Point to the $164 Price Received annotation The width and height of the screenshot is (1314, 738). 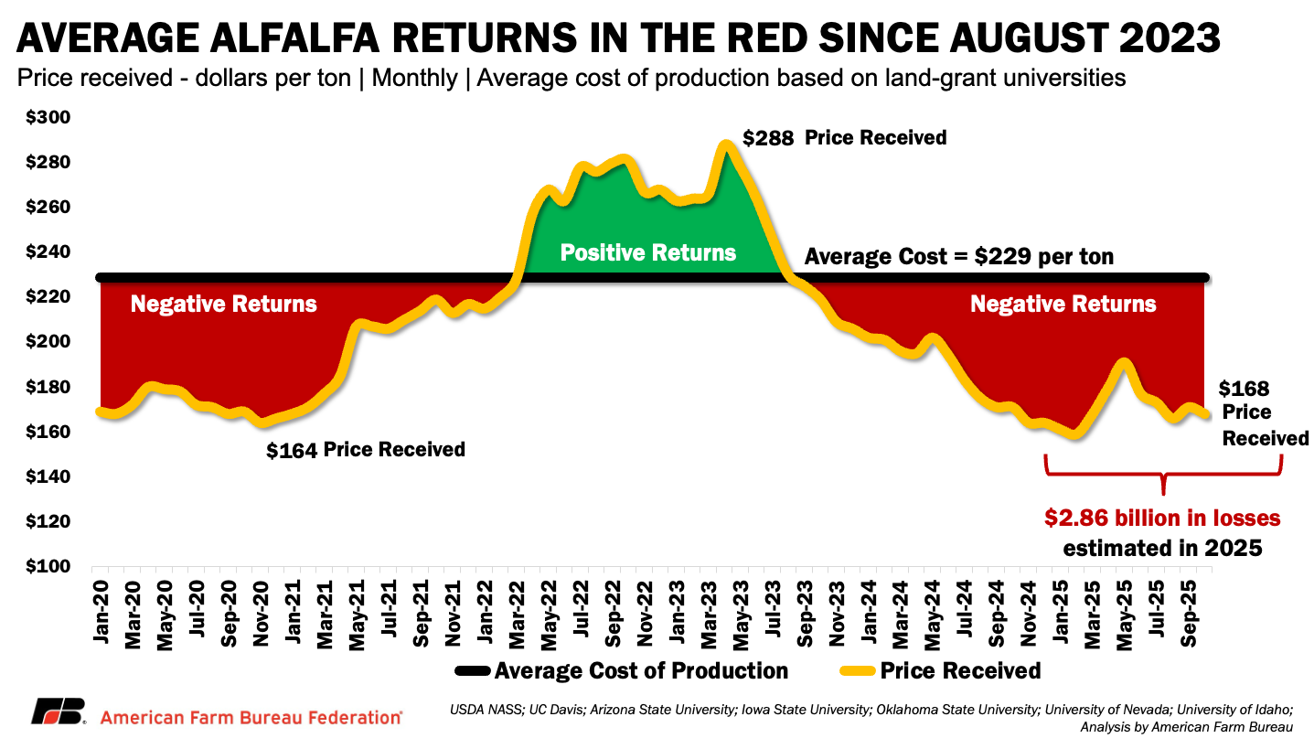pos(365,450)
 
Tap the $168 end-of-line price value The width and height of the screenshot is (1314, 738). pos(1244,390)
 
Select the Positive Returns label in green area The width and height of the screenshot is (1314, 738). pos(647,253)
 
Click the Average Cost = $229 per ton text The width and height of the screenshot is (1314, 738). pos(958,257)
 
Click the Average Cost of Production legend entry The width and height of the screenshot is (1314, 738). pos(641,671)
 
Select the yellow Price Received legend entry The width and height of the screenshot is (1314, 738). pos(960,671)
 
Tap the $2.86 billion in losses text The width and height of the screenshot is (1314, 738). pos(1163,519)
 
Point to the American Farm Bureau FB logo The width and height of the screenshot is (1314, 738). pos(59,711)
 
